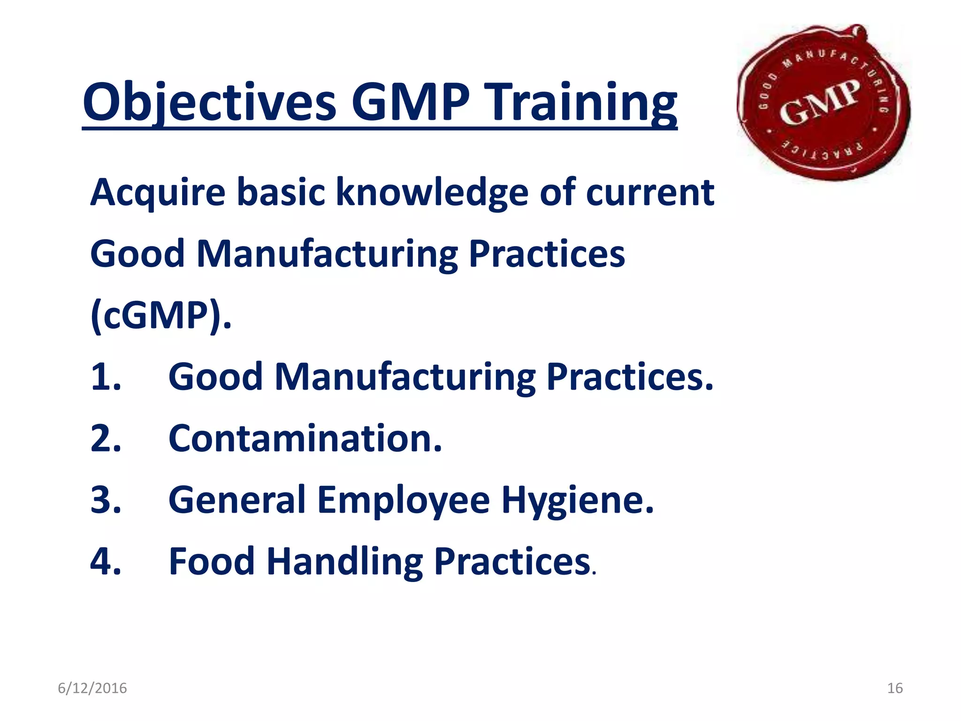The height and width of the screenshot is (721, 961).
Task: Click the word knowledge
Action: coord(432,193)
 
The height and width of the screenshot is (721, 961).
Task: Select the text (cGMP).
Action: coord(161,315)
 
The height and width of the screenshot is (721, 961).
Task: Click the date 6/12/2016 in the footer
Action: coord(92,688)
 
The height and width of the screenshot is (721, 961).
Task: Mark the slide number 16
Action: coord(895,688)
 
